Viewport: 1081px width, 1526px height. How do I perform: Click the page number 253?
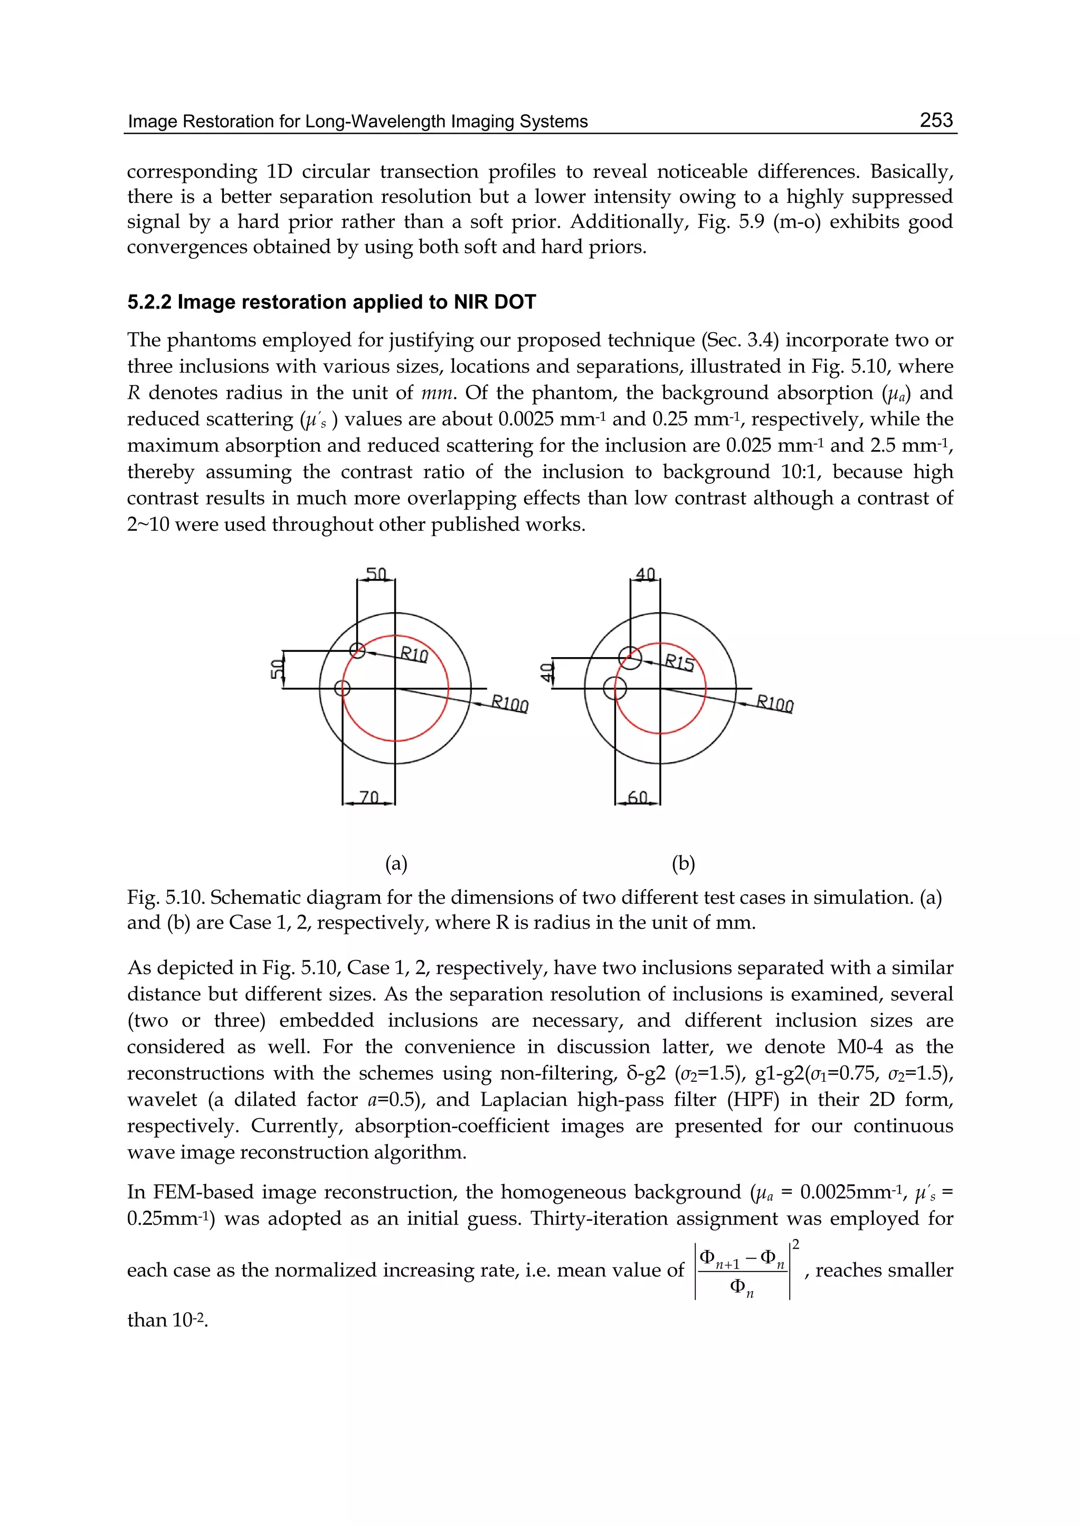coord(936,120)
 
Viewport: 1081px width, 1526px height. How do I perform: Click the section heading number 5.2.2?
coord(149,303)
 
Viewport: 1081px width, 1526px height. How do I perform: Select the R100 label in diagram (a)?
coord(510,704)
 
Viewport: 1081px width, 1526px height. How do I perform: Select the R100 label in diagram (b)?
coord(775,704)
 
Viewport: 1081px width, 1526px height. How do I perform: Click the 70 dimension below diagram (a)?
coord(369,797)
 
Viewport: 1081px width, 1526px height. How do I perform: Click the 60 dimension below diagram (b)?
coord(637,797)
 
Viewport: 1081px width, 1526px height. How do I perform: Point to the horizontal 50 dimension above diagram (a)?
coord(376,574)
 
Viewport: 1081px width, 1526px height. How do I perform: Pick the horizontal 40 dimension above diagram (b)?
coord(645,574)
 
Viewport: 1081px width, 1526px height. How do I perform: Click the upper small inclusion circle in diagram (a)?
coord(357,651)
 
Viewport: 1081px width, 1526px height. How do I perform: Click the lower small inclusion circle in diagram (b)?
coord(614,688)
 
